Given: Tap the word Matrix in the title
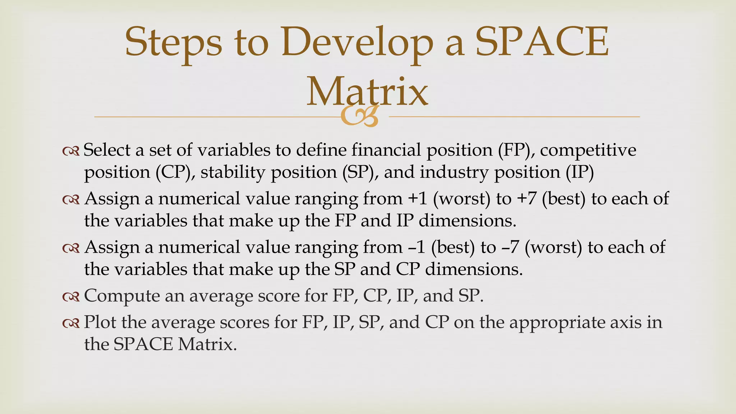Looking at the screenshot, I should pos(367,92).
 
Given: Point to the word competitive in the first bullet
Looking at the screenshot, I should pos(588,150).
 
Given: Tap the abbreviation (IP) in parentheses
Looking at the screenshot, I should pos(580,172).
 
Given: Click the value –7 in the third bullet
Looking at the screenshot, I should pos(510,248).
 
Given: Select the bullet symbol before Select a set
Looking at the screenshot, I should pos(71,151).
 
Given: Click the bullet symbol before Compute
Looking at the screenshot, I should pos(71,297).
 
